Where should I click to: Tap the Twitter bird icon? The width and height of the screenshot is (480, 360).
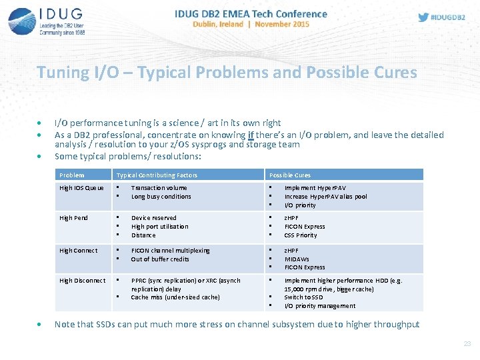pos(423,17)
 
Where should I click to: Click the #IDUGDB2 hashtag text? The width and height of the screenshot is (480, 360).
pos(449,17)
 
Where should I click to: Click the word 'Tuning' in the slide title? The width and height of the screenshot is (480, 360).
pos(63,72)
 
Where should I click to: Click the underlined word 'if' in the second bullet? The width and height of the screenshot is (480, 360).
pos(251,135)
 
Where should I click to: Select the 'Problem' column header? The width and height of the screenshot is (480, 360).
pos(72,175)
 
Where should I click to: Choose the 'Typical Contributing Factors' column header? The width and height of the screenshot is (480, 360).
pos(157,175)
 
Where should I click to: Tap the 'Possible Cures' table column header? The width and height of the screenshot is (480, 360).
pos(290,175)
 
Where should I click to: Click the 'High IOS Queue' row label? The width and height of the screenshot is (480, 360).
pos(82,188)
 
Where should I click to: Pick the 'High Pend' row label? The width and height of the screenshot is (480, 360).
pos(73,218)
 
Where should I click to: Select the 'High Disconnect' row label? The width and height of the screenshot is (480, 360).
pos(83,281)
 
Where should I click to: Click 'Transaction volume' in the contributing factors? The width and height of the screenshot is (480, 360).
pos(159,188)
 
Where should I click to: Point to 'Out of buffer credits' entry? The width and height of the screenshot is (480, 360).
pos(160,259)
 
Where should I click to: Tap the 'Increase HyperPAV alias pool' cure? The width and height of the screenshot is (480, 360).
pos(325,197)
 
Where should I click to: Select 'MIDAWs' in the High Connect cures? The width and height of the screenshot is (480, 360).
pos(297,259)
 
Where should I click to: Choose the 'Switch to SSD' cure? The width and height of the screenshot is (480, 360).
pos(304,297)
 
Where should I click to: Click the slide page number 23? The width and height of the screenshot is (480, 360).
pos(467,344)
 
